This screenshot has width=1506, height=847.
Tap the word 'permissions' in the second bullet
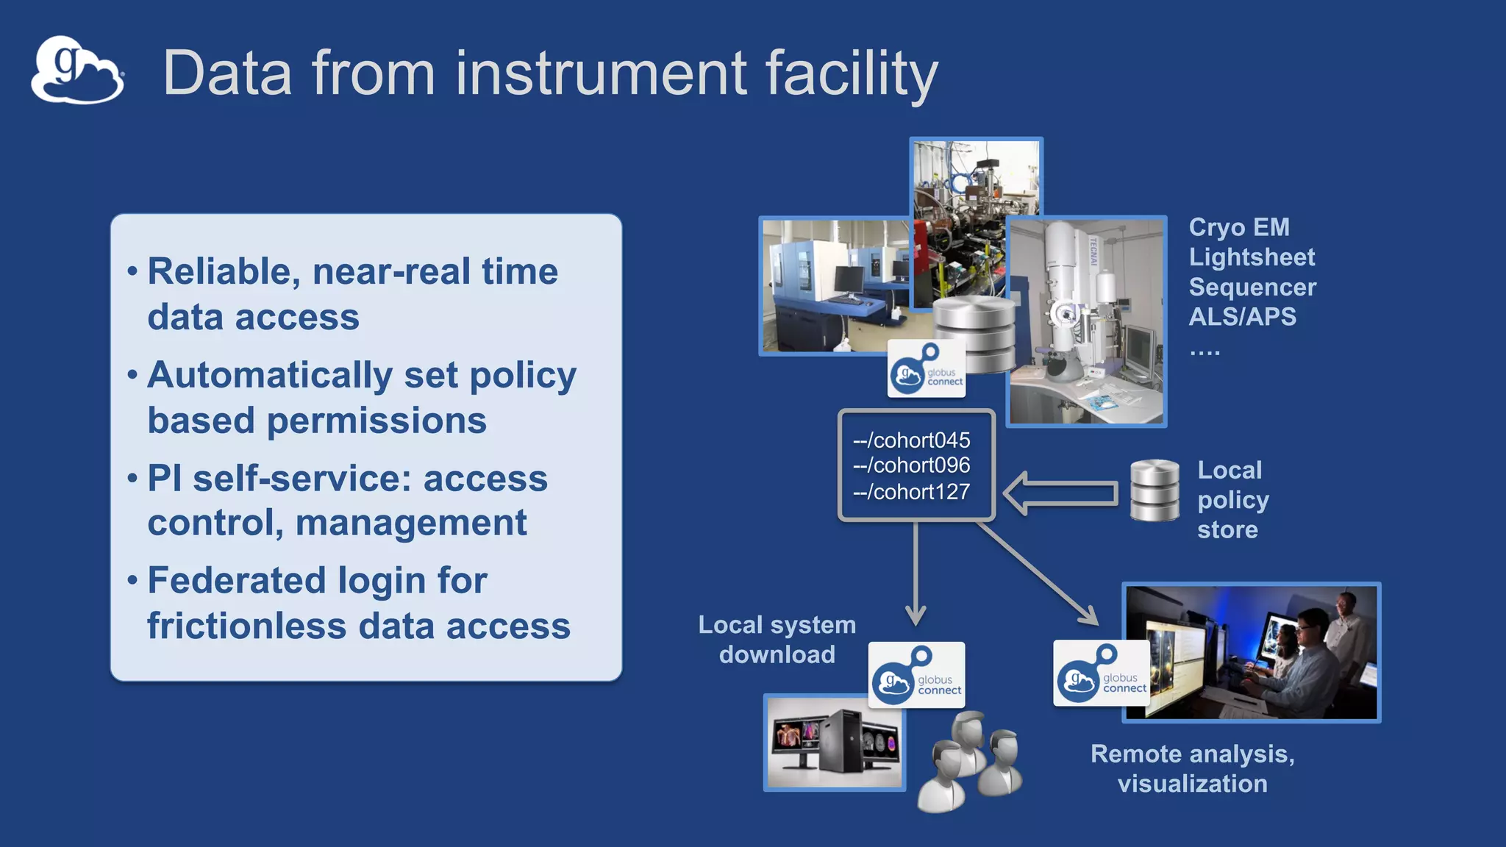[x=376, y=421]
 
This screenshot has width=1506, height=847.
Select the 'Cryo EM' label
[x=1239, y=227]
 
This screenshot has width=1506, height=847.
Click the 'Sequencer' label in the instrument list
[x=1252, y=287]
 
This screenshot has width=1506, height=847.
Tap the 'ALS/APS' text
[x=1242, y=317]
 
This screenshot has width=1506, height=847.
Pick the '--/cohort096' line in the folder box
[x=911, y=465]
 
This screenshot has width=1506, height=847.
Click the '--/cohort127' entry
[x=911, y=491]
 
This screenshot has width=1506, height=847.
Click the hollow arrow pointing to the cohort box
[x=1060, y=493]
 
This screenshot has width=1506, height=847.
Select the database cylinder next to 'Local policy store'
[x=1155, y=490]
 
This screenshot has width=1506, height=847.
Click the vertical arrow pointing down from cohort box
[x=916, y=573]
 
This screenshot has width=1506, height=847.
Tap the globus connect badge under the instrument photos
[x=926, y=369]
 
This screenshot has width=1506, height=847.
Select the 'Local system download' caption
[x=777, y=640]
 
